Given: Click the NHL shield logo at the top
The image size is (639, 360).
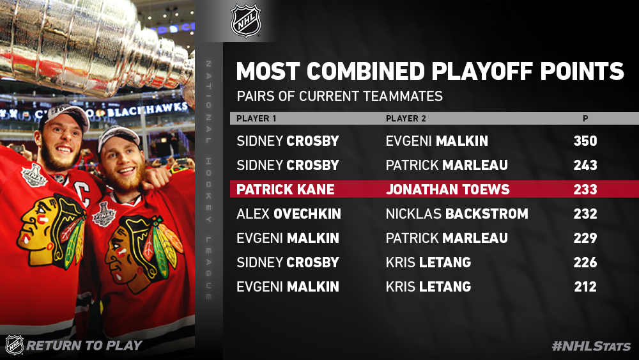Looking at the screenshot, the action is tap(246, 21).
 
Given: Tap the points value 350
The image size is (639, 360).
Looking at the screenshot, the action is tap(585, 141).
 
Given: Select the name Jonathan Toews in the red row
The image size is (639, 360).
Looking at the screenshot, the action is tap(447, 189).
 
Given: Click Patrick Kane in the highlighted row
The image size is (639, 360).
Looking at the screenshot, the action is tap(285, 189).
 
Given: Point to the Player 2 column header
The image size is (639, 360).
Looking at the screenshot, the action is tap(406, 119).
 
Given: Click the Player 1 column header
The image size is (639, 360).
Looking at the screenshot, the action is tap(256, 119).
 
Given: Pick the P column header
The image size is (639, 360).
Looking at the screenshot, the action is tap(585, 119).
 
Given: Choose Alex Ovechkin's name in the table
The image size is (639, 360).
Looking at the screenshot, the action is tap(289, 214).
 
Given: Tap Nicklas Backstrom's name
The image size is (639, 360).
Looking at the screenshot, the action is tap(457, 214).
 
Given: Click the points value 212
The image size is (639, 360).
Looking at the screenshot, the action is tap(585, 286).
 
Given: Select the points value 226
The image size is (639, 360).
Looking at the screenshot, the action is tap(585, 262).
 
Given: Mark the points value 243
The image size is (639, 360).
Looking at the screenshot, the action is tap(585, 165).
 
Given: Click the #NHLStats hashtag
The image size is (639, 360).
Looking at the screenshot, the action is tap(591, 346).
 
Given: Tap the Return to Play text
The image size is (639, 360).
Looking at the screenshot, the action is tap(84, 345).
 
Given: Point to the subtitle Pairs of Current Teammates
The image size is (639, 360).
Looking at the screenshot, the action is tap(339, 96).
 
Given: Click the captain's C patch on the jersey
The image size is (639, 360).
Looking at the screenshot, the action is tap(84, 192).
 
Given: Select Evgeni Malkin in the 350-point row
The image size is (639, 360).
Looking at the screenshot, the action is tap(437, 141).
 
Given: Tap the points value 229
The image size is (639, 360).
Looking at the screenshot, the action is tap(585, 238).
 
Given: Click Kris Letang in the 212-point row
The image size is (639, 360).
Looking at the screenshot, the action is tap(428, 286).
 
